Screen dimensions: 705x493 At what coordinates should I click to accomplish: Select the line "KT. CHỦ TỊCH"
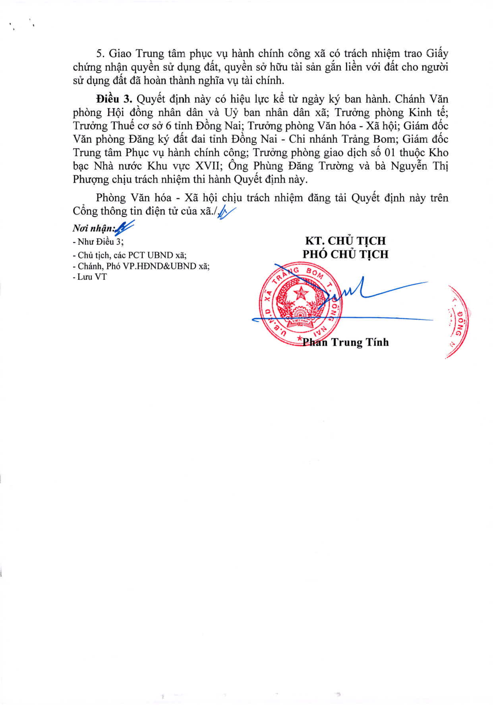click(x=345, y=240)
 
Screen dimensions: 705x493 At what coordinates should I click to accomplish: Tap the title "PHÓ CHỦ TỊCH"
click(x=346, y=254)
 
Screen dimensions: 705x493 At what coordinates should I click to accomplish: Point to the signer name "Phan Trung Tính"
click(x=346, y=342)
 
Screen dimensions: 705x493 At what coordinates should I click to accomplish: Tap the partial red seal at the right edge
click(x=459, y=321)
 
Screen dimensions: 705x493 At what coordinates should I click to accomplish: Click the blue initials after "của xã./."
click(x=226, y=212)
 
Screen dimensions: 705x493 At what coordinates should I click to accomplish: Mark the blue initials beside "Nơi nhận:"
click(x=125, y=228)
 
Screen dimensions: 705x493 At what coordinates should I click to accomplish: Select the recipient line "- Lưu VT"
click(x=90, y=277)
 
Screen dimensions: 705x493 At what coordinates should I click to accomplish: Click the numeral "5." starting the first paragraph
click(x=100, y=54)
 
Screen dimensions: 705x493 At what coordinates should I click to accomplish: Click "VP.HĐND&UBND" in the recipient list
click(x=160, y=266)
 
